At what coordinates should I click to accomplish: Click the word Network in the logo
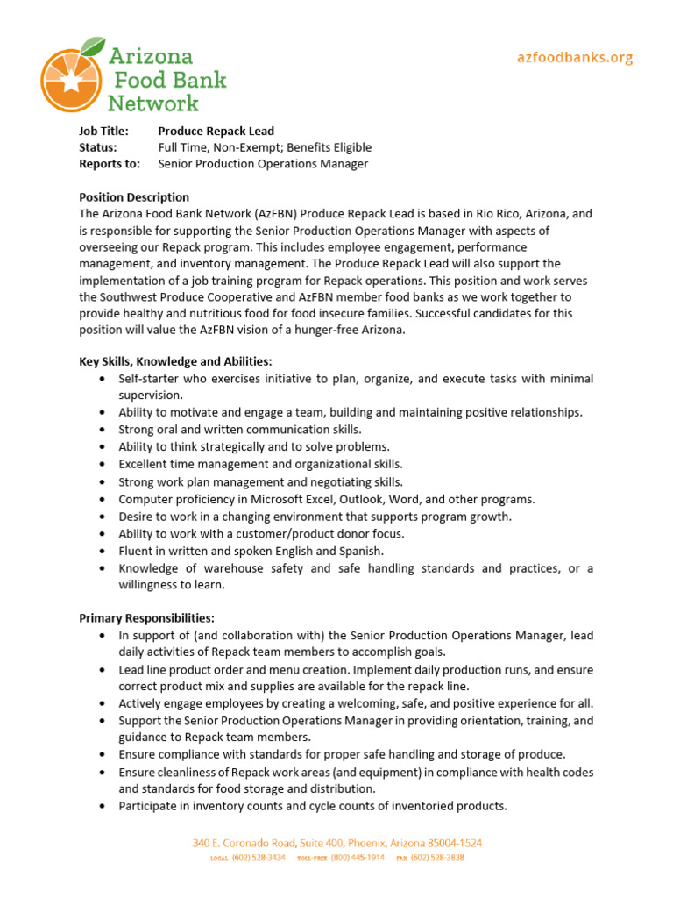click(x=153, y=103)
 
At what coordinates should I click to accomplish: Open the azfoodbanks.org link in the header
click(x=574, y=58)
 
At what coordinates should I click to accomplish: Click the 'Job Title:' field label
click(x=103, y=131)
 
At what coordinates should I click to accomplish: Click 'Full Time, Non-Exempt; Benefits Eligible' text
click(x=265, y=147)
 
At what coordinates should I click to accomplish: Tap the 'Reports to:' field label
click(x=109, y=164)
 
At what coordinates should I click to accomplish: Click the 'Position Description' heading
click(x=134, y=197)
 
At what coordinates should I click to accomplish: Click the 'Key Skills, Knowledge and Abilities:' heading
click(x=175, y=361)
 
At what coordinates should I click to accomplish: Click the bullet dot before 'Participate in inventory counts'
click(x=103, y=806)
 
